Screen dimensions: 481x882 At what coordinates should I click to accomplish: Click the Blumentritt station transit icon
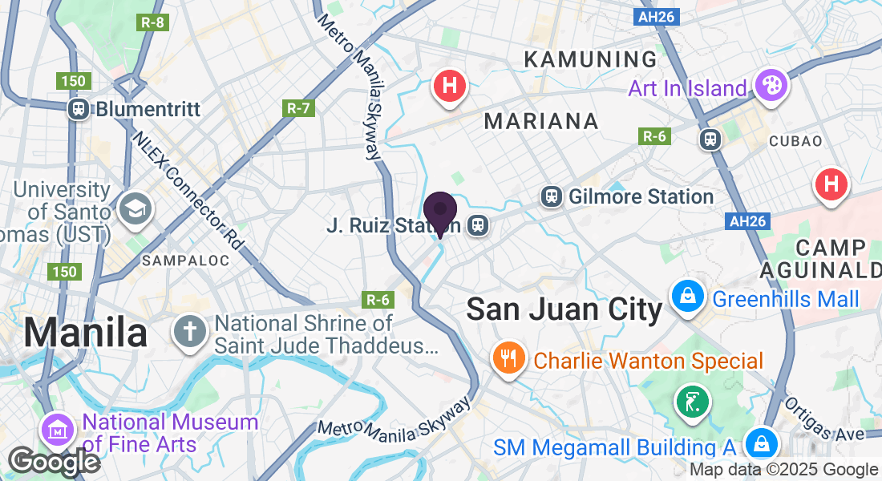(79, 108)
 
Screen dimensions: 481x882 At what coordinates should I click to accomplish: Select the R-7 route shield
(297, 107)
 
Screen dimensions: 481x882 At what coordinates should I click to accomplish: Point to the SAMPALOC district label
(184, 261)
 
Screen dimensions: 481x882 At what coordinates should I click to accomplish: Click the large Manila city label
(85, 332)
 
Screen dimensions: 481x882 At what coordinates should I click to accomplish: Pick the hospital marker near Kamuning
(450, 85)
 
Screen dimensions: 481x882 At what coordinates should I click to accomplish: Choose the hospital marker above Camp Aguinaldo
(831, 184)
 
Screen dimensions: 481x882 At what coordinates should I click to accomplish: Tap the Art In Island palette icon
(771, 87)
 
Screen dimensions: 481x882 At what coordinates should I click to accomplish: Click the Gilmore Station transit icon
(551, 196)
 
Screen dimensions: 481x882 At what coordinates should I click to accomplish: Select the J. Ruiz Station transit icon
(478, 225)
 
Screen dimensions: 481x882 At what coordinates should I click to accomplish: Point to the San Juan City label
(564, 309)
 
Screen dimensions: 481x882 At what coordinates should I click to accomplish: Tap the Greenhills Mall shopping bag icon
(688, 297)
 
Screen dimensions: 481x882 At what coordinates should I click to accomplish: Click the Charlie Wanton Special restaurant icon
(509, 358)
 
